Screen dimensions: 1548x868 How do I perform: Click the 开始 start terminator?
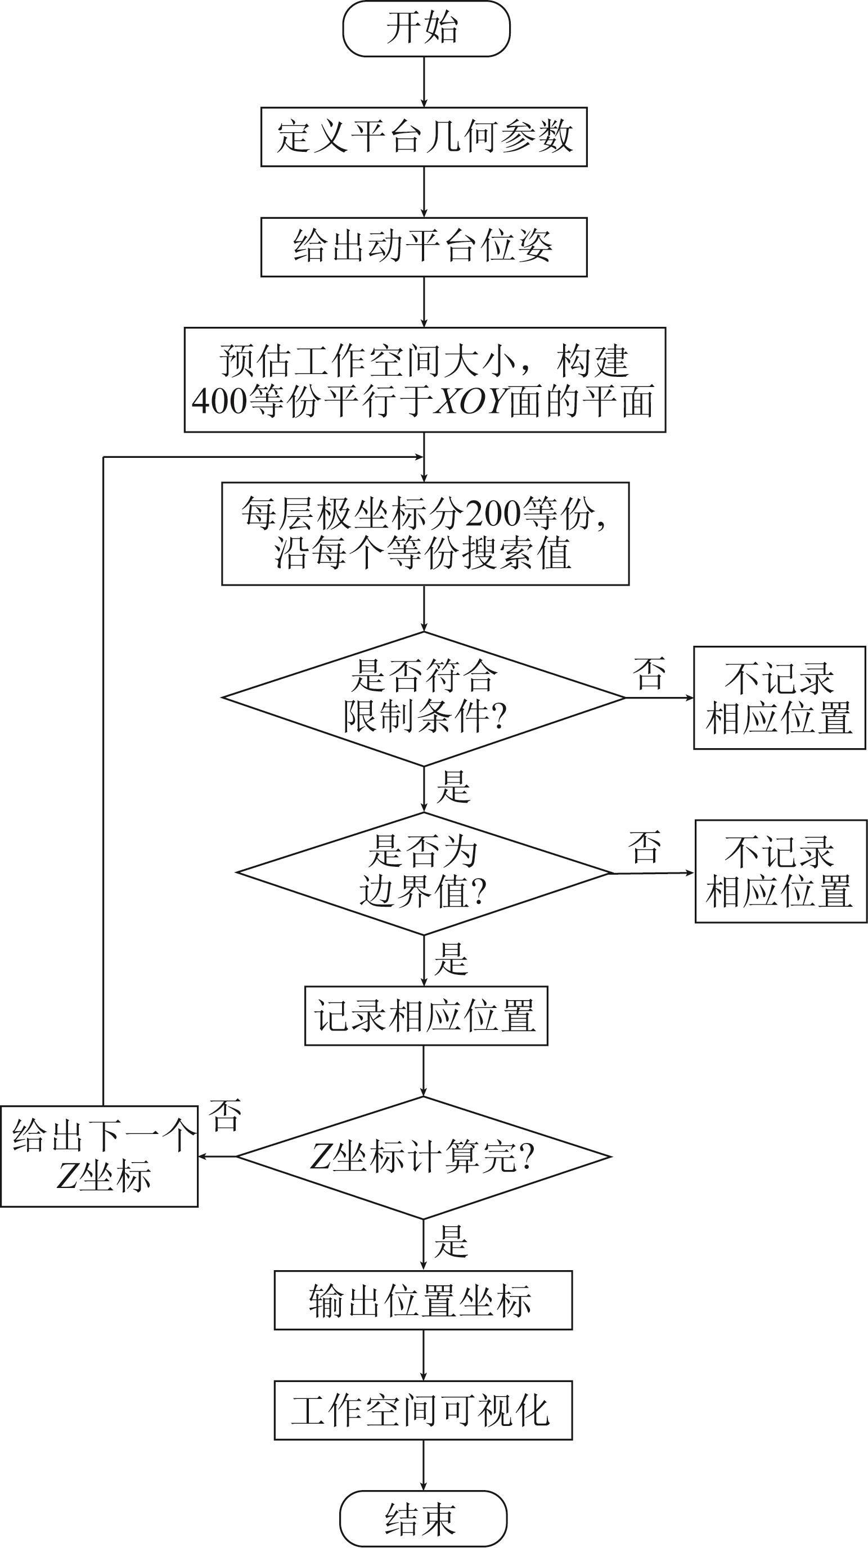point(426,29)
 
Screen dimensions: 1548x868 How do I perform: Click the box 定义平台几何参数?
point(424,137)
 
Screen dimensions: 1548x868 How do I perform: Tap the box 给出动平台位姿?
point(424,247)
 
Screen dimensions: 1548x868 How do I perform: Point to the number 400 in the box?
point(219,402)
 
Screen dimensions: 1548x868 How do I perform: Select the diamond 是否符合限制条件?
point(424,697)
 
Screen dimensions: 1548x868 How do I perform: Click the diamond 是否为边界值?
point(424,872)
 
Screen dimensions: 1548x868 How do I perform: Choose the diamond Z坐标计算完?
point(424,1156)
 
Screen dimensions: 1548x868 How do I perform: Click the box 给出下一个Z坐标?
point(100,1155)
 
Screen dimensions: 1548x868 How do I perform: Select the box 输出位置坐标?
point(423,1300)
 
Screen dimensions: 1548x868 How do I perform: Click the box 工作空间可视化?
point(423,1410)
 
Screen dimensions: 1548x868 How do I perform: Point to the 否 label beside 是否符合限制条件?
point(649,674)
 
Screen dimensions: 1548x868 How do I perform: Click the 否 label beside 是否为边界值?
point(645,847)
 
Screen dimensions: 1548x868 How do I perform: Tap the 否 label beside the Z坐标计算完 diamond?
point(226,1115)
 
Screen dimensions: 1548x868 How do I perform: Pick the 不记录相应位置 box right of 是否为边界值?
point(781,871)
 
